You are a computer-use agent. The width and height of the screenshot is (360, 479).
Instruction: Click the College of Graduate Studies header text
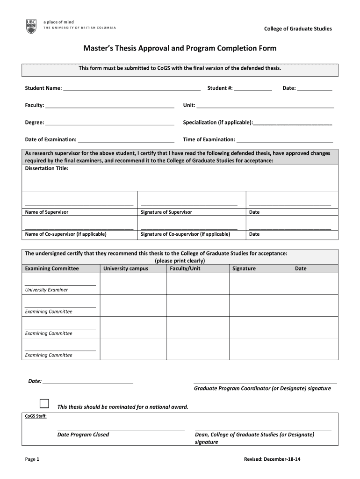click(x=298, y=29)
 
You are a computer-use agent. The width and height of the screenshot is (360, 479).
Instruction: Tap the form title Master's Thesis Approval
click(x=180, y=48)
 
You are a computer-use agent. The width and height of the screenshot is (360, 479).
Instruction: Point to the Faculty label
click(x=34, y=105)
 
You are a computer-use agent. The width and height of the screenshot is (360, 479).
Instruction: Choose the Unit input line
click(x=265, y=107)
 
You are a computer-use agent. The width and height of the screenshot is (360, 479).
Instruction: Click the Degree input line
click(x=110, y=124)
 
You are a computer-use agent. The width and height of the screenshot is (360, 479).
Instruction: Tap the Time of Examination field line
click(x=285, y=141)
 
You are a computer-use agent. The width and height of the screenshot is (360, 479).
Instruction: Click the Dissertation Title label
click(x=47, y=168)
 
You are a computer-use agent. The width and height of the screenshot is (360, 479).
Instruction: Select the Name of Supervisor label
click(x=47, y=212)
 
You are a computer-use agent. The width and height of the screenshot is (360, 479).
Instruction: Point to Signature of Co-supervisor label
click(x=185, y=234)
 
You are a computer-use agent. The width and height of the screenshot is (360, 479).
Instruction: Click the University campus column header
click(x=126, y=269)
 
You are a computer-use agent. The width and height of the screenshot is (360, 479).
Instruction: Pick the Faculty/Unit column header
click(x=185, y=269)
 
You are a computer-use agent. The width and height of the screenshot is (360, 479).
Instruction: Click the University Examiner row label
click(x=46, y=290)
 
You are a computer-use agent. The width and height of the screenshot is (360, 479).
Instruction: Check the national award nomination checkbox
click(x=44, y=404)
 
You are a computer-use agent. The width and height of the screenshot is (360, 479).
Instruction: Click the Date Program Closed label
click(x=83, y=435)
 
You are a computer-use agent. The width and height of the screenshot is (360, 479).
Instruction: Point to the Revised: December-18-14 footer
click(x=272, y=459)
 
